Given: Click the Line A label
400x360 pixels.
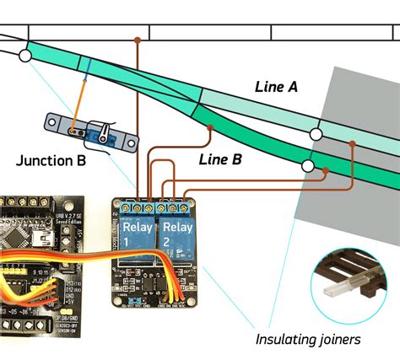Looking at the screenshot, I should [x=276, y=86].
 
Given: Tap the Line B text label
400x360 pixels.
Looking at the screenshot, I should [x=220, y=158].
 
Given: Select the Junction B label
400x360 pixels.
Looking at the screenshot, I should [x=49, y=162].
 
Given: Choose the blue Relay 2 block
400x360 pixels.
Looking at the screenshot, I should [x=177, y=234].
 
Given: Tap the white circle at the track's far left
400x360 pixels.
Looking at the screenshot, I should [x=24, y=56].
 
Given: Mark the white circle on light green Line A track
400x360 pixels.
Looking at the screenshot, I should [x=315, y=134].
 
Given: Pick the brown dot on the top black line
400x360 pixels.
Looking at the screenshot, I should [x=138, y=40].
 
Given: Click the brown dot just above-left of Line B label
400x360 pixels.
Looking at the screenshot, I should [x=208, y=127].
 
